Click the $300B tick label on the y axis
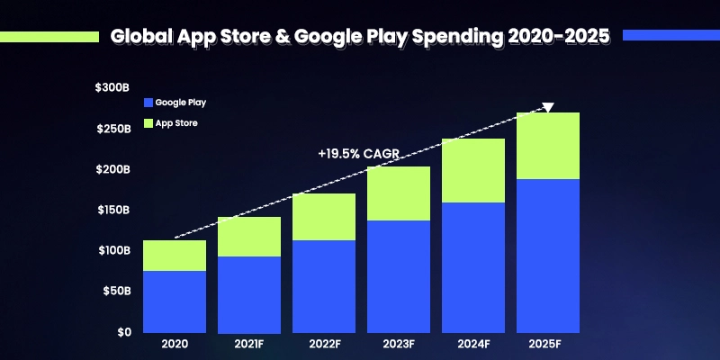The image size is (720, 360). [112, 88]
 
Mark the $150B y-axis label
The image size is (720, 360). [112, 210]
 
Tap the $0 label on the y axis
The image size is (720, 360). [123, 332]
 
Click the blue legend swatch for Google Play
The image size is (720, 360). [148, 103]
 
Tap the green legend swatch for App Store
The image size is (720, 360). [148, 123]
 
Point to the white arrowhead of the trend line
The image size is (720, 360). [548, 107]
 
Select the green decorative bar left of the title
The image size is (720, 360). [49, 37]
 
